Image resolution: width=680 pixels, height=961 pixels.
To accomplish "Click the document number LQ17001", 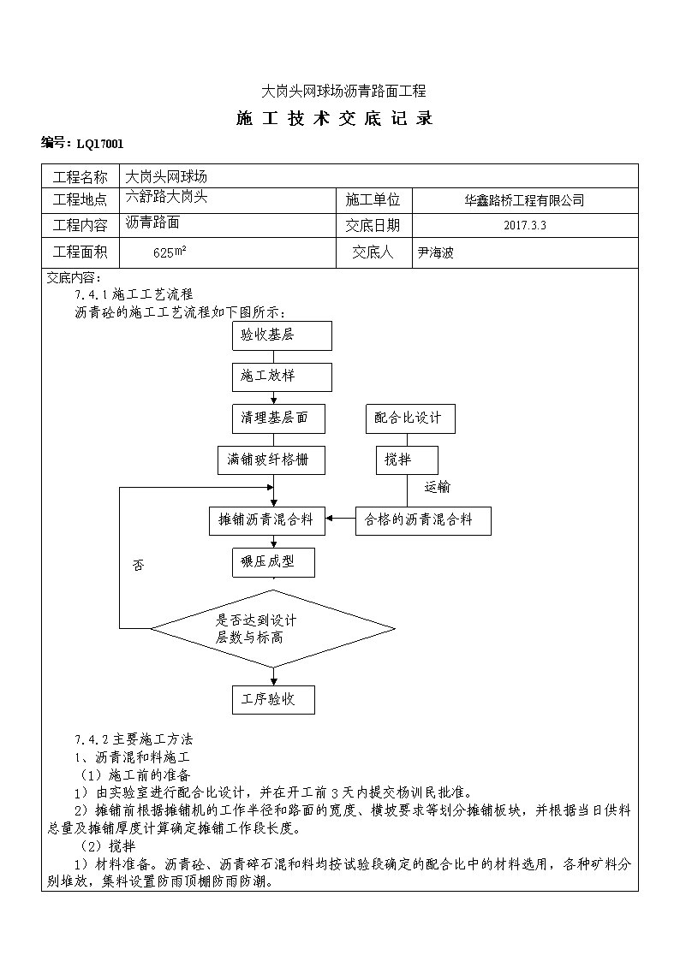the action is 100,144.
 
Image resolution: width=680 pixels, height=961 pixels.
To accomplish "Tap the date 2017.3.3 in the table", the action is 525,225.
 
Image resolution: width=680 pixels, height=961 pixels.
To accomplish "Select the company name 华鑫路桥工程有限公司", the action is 524,200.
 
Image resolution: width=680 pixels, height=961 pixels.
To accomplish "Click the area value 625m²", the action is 170,252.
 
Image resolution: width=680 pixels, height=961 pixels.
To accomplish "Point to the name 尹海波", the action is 435,252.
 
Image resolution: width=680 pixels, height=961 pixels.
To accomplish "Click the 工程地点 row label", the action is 80,199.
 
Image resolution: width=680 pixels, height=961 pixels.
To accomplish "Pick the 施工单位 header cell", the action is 373,199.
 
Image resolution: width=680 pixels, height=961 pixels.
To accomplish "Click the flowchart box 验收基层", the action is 282,335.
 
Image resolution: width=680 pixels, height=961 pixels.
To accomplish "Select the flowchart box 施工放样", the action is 282,377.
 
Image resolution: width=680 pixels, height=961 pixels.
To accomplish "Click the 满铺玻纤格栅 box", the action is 271,460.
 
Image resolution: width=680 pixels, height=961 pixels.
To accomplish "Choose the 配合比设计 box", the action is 411,419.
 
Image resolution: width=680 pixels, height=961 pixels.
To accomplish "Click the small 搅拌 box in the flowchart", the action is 407,460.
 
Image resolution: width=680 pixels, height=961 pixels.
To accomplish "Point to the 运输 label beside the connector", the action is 437,487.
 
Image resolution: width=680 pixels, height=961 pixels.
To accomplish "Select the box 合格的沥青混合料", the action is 423,521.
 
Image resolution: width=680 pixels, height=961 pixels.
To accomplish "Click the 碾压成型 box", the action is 273,562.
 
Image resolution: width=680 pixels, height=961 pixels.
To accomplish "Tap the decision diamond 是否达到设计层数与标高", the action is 273,629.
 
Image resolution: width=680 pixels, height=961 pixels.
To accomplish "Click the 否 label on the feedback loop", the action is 139,565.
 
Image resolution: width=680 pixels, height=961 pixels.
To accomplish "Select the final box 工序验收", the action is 273,700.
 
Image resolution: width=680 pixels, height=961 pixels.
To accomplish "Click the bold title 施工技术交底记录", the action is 335,118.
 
